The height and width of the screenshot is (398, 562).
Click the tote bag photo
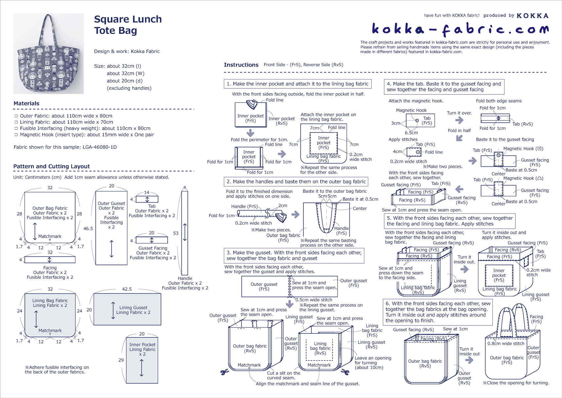pyautogui.click(x=48, y=54)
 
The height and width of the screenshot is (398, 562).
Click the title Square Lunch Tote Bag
pyautogui.click(x=128, y=25)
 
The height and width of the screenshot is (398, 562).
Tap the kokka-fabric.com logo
pyautogui.click(x=460, y=29)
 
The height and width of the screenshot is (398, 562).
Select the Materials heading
pyautogui.click(x=26, y=103)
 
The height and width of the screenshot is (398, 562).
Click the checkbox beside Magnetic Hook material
pyautogui.click(x=16, y=135)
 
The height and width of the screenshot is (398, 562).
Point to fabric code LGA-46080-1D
pyautogui.click(x=100, y=147)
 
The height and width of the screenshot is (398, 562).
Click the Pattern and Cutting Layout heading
pyautogui.click(x=52, y=166)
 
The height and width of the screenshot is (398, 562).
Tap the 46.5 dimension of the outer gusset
pyautogui.click(x=88, y=228)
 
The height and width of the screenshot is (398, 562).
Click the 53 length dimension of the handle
pyautogui.click(x=176, y=233)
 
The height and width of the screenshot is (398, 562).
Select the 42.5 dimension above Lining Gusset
pyautogui.click(x=127, y=289)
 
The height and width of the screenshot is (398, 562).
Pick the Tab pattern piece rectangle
pyautogui.click(x=147, y=199)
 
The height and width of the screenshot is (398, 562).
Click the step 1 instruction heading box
pyautogui.click(x=297, y=84)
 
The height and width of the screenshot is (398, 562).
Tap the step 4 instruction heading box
pyautogui.click(x=444, y=87)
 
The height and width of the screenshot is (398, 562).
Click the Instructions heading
pyautogui.click(x=241, y=65)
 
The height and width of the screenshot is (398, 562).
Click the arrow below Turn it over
pyautogui.click(x=459, y=121)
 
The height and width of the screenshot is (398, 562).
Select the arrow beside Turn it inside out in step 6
pyautogui.click(x=469, y=360)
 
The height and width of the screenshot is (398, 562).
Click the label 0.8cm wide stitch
pyautogui.click(x=506, y=343)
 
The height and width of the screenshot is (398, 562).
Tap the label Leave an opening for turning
pyautogui.click(x=373, y=363)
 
